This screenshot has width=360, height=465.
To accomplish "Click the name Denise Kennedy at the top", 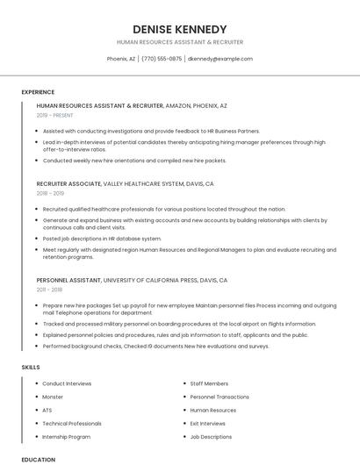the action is (179, 29).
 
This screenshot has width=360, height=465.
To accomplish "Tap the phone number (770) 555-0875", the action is (162, 59).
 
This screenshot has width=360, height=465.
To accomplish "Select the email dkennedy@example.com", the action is (220, 59).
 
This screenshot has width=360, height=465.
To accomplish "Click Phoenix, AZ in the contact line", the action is (121, 59).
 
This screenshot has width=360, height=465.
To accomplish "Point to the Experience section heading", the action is (38, 92).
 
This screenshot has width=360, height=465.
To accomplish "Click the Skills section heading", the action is (31, 367).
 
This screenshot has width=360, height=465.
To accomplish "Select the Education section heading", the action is (39, 459).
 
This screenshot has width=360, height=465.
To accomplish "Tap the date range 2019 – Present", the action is (55, 115).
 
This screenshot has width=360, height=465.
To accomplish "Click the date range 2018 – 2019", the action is (51, 193).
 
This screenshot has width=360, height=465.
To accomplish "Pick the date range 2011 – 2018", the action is (49, 289).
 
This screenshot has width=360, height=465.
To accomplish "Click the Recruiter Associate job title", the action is (69, 184).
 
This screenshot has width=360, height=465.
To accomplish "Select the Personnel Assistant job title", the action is (69, 280).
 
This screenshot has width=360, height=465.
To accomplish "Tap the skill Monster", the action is (53, 397).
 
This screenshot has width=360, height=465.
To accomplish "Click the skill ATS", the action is (47, 410).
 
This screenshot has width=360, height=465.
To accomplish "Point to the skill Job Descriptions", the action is (211, 436).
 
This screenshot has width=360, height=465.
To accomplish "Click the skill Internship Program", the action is (66, 436).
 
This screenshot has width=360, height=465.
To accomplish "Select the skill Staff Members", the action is (209, 383).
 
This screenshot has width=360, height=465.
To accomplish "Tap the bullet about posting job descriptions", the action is (102, 238).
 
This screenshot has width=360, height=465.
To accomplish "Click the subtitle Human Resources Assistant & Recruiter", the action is (179, 42).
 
